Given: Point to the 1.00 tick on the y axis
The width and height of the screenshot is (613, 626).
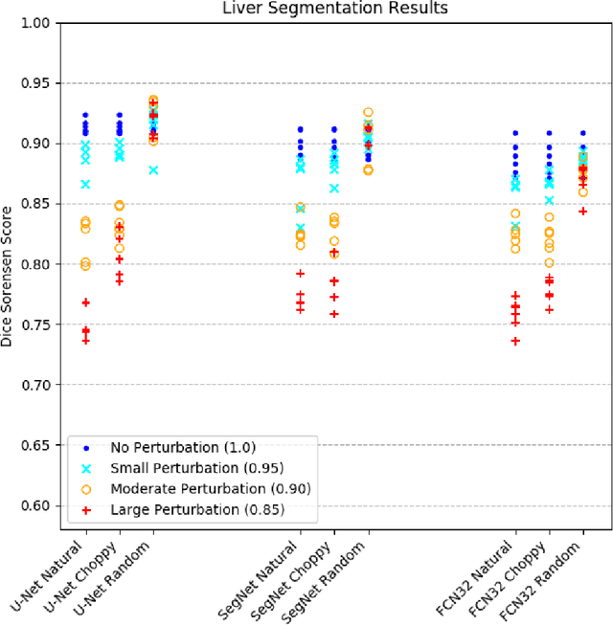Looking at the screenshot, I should pos(36,23).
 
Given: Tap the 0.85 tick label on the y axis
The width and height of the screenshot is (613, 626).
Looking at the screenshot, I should pos(36,204).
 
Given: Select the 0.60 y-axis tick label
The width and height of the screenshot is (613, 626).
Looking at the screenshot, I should pos(36,505).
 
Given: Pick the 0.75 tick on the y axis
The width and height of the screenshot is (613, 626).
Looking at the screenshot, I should pos(36,324).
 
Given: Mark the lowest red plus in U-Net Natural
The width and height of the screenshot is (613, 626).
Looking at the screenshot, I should pos(86,340).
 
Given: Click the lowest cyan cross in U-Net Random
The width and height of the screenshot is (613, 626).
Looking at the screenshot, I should pos(153,170).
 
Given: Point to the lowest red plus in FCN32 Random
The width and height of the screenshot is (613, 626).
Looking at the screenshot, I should pos(582,212).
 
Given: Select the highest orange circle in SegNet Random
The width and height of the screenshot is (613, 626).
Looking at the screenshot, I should pos(368,113).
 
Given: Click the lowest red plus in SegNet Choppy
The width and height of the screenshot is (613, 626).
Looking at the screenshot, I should pos(334,314).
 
